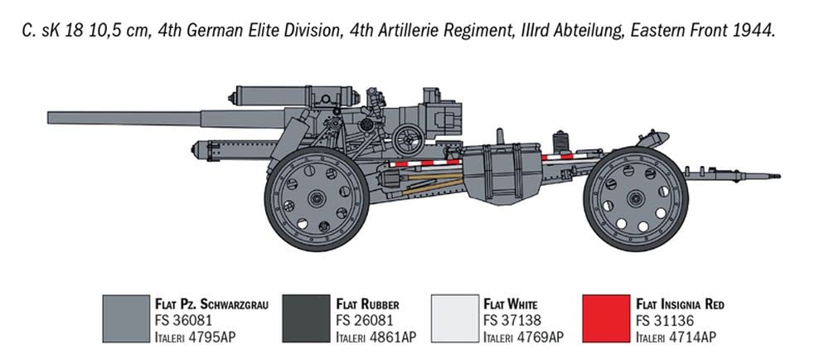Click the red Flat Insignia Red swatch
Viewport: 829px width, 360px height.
604,319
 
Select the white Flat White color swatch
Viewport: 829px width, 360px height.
455,319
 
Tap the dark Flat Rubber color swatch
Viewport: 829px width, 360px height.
305,319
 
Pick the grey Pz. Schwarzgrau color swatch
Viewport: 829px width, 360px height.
124,319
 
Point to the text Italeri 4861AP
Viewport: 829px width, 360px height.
376,336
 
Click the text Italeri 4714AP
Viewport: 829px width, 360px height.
675,336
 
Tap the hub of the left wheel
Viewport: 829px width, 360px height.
316,199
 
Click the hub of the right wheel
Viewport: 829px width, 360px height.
635,199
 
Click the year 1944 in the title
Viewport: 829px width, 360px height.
756,32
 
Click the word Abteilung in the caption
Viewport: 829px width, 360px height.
583,32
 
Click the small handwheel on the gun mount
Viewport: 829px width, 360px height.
408,139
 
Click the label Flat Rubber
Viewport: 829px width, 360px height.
367,304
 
